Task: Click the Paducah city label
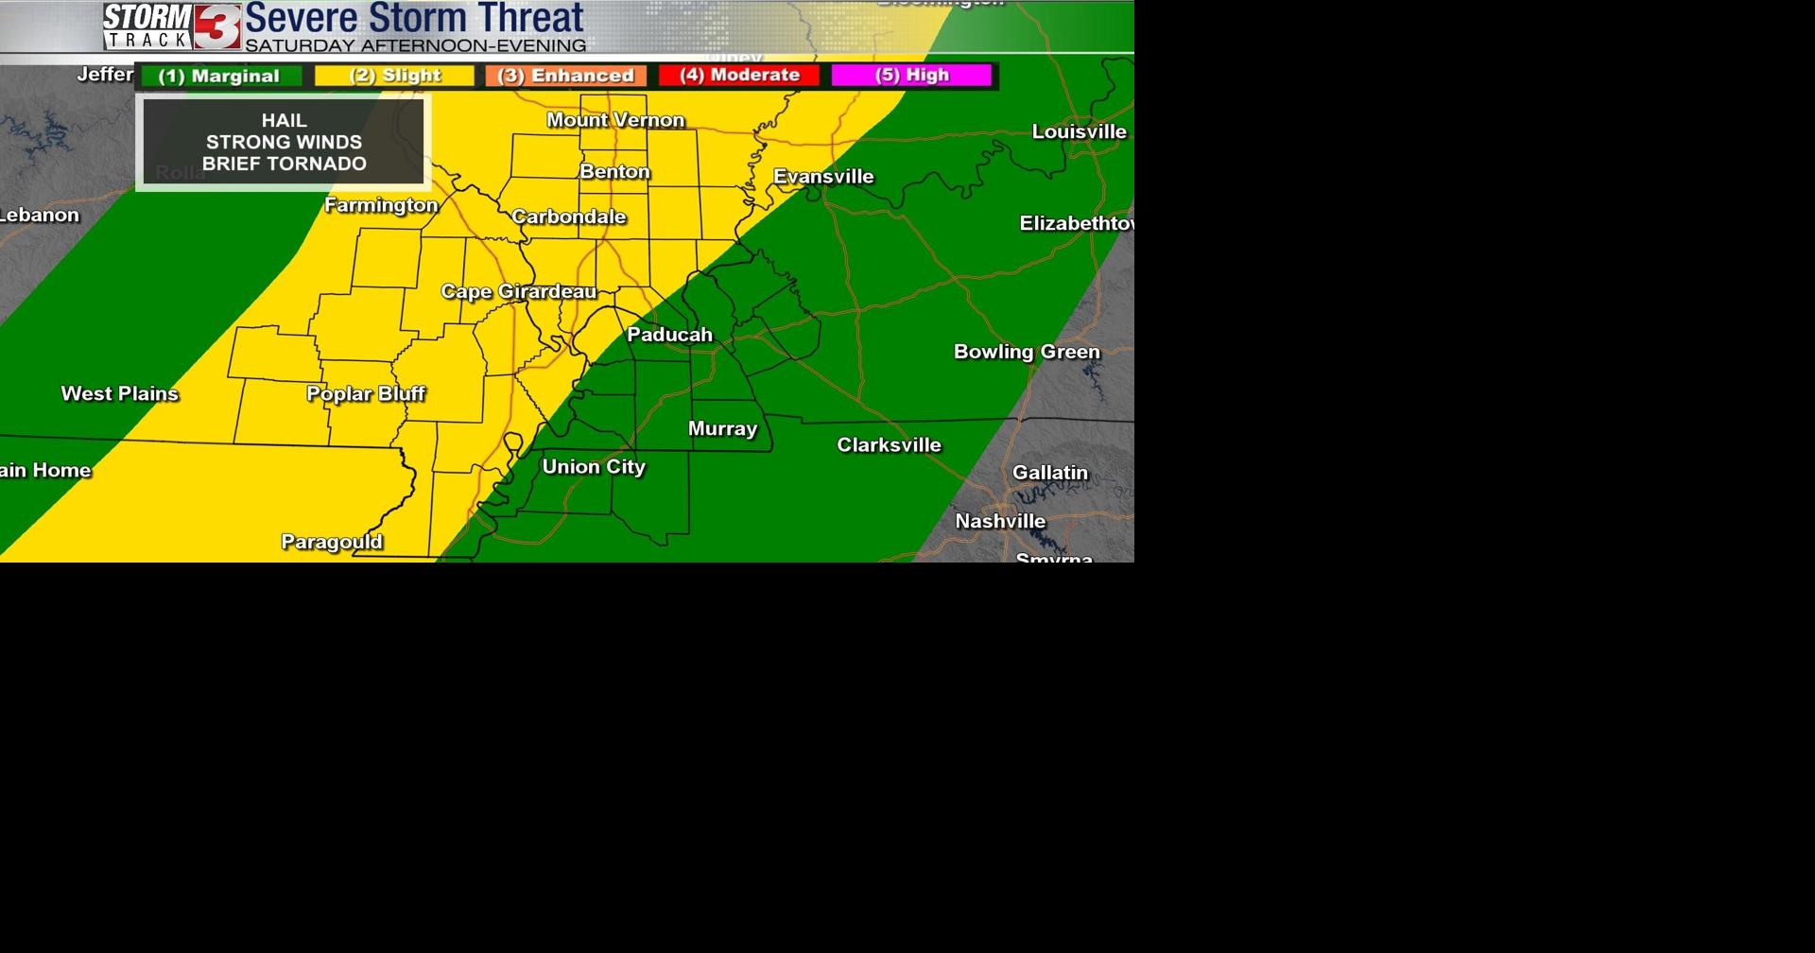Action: [x=669, y=335]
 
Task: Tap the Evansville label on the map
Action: [x=823, y=177]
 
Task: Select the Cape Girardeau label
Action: [x=519, y=291]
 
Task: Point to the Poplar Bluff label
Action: [x=366, y=393]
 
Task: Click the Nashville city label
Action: [x=1000, y=521]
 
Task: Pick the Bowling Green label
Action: [x=1027, y=352]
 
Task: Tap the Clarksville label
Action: [x=889, y=444]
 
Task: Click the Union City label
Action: [x=594, y=466]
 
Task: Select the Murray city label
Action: [x=722, y=428]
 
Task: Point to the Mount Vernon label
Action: [x=615, y=120]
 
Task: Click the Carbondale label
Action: [x=569, y=217]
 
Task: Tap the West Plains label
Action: [x=120, y=393]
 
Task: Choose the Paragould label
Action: [x=332, y=542]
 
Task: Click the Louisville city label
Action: [x=1079, y=131]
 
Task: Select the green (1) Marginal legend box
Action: [x=219, y=77]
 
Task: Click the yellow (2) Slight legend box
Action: [x=395, y=76]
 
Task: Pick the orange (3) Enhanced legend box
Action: [x=566, y=76]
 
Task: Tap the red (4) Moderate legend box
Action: [x=739, y=75]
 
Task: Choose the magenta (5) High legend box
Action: [x=912, y=75]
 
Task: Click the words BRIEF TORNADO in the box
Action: [x=285, y=164]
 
